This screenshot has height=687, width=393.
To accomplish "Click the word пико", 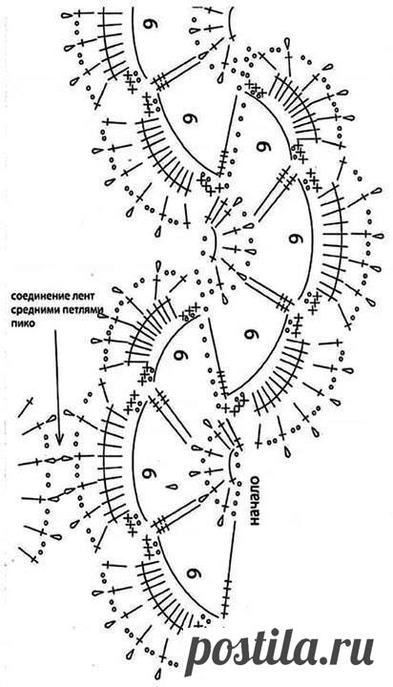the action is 20,324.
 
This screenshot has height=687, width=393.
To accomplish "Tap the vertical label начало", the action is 253,501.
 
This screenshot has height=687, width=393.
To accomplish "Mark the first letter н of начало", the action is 253,522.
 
